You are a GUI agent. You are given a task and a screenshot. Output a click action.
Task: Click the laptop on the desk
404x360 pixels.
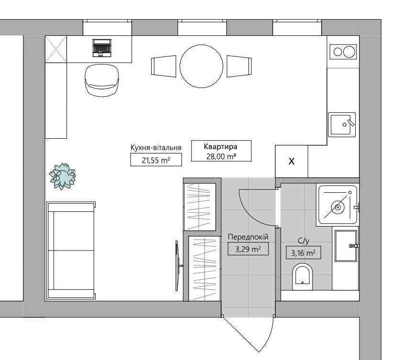point(102,48)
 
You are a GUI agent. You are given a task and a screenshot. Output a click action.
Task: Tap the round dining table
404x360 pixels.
point(201,66)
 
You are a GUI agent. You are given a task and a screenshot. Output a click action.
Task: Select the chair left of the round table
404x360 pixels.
point(164,66)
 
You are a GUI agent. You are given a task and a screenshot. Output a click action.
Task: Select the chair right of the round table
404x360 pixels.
point(239,66)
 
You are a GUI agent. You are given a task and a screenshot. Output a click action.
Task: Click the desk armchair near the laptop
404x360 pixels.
point(102,80)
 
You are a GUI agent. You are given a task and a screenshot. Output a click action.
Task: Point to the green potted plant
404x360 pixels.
point(62,176)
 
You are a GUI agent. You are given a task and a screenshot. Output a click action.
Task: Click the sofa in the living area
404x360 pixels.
point(71,251)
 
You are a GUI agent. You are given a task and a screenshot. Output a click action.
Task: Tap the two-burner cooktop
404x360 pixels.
point(343,52)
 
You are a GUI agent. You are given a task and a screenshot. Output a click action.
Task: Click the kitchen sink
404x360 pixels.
point(342,125)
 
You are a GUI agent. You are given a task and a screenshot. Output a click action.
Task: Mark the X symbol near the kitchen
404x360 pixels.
point(292,161)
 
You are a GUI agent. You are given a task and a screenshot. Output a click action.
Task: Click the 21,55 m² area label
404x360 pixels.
point(156,160)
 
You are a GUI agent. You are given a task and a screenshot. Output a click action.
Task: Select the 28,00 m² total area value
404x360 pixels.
point(221,156)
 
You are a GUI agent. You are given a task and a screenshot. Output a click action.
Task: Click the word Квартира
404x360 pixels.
point(221,147)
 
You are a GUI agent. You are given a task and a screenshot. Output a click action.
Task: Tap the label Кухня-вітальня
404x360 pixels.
point(156,148)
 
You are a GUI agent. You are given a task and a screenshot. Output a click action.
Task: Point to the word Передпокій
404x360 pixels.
point(248,237)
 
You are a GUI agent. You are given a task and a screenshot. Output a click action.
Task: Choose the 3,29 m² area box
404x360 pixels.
point(248,249)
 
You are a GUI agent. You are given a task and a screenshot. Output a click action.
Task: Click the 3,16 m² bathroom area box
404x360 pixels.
point(303,253)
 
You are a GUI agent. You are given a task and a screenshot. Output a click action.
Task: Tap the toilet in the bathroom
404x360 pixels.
point(303,277)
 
